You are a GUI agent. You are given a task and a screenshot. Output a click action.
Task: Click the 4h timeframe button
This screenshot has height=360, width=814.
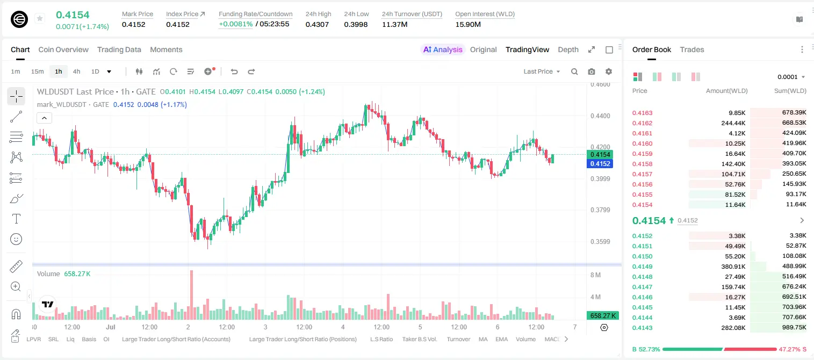(76, 71)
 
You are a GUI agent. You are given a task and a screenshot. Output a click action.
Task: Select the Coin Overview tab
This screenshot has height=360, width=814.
(63, 49)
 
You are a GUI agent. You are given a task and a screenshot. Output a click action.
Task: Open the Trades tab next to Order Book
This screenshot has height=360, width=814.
(691, 49)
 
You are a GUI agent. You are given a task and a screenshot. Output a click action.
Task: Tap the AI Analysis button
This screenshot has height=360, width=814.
(443, 49)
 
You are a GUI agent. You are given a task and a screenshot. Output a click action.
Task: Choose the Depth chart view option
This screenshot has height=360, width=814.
(568, 49)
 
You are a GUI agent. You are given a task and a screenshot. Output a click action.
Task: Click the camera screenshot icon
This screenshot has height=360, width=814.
(592, 71)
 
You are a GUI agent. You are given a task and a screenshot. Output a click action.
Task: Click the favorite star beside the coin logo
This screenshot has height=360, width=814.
(40, 18)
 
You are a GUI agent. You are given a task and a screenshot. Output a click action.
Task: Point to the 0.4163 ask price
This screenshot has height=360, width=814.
(642, 113)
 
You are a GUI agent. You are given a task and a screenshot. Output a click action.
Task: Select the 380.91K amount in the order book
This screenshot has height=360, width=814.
(733, 267)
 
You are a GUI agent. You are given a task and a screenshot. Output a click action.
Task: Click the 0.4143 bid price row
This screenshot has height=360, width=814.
(642, 327)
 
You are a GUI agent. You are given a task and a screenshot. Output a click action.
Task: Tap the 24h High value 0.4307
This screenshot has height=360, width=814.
(317, 24)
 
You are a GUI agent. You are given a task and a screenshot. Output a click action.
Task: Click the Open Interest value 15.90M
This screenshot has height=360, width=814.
(467, 24)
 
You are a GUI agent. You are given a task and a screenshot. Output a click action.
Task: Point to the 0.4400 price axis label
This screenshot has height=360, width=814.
(600, 116)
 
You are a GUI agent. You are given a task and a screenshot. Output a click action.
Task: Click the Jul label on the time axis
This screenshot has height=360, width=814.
(111, 327)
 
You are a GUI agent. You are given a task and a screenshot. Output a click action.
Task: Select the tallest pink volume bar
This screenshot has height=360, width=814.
(191, 294)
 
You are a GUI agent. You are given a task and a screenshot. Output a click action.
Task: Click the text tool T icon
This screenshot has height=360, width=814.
(16, 219)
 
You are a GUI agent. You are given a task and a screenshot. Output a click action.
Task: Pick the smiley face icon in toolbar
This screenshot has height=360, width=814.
(16, 239)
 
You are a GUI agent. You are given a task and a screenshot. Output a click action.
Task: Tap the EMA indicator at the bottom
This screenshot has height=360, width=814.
(501, 339)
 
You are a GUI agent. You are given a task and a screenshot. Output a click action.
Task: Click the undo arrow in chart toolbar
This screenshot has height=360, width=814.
(234, 71)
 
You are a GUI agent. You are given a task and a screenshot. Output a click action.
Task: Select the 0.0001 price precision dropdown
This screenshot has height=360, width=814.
(791, 77)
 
